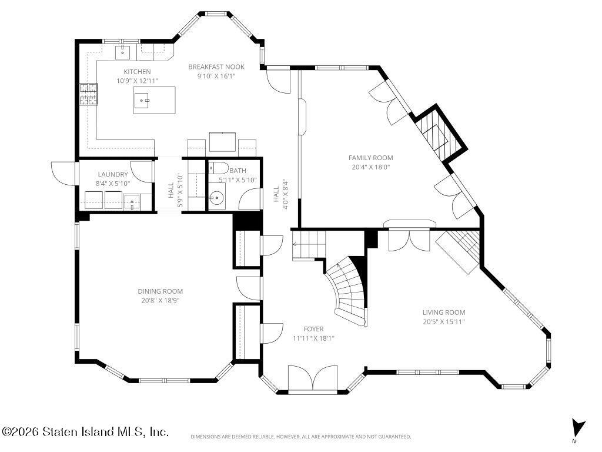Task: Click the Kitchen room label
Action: pyautogui.click(x=137, y=71)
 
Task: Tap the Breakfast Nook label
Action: pyautogui.click(x=216, y=67)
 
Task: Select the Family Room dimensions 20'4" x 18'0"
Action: pyautogui.click(x=370, y=167)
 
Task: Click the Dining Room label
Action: pyautogui.click(x=160, y=291)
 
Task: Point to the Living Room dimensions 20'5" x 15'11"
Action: pyautogui.click(x=444, y=322)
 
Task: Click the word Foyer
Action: pyautogui.click(x=313, y=329)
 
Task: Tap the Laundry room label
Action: pyautogui.click(x=112, y=174)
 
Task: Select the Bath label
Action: pyautogui.click(x=238, y=171)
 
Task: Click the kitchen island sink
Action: pyautogui.click(x=143, y=101)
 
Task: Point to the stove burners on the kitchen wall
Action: pyautogui.click(x=89, y=94)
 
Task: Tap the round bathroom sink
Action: pyautogui.click(x=216, y=198)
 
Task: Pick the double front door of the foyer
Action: pyautogui.click(x=313, y=378)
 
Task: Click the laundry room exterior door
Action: pyautogui.click(x=63, y=174)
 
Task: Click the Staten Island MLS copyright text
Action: pyautogui.click(x=85, y=431)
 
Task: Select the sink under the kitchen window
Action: pyautogui.click(x=123, y=52)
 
